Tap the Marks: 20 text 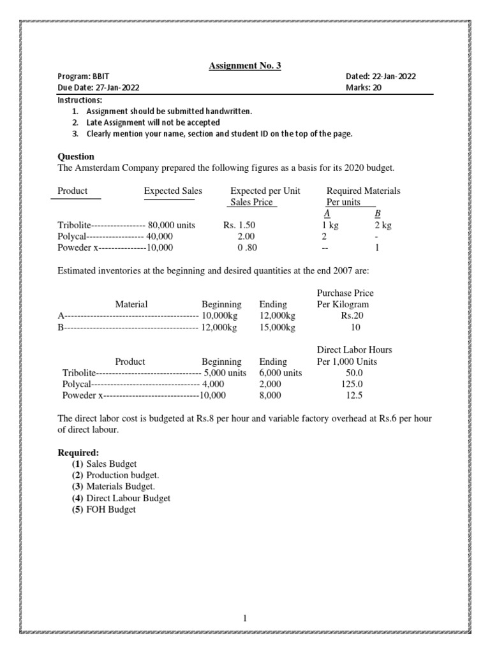click(363, 88)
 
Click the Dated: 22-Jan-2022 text click(380, 77)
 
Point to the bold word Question click(76, 156)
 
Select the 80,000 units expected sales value click(172, 225)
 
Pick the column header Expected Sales click(172, 191)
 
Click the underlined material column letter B click(377, 214)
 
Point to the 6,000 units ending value click(281, 373)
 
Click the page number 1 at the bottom click(245, 618)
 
